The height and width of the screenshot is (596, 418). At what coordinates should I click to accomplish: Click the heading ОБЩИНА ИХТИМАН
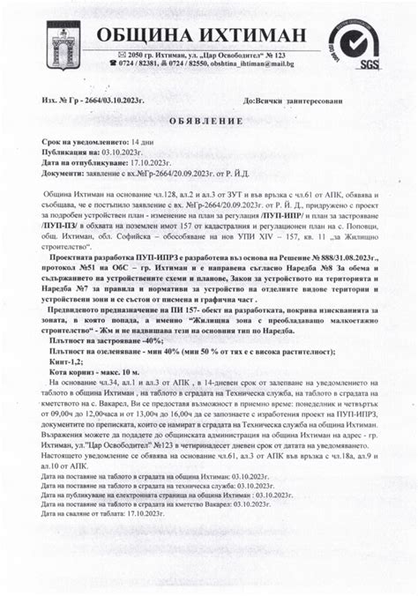click(x=202, y=35)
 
